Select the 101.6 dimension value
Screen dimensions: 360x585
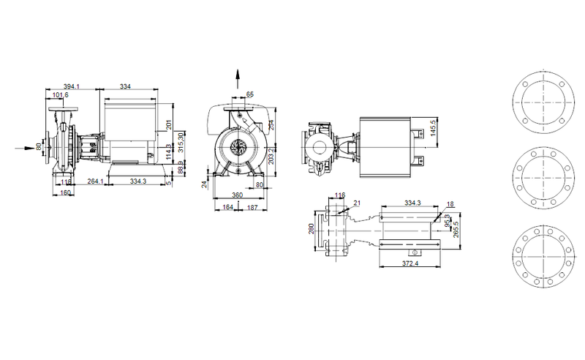tap(61, 95)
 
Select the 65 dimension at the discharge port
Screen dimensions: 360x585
tap(250, 94)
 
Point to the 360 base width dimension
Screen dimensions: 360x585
tap(237, 195)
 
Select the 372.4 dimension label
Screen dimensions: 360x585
tap(411, 263)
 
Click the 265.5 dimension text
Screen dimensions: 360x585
tap(456, 229)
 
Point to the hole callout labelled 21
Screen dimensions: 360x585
tap(358, 203)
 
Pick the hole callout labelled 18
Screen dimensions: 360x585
tap(449, 204)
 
